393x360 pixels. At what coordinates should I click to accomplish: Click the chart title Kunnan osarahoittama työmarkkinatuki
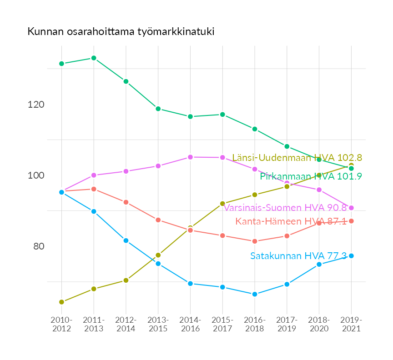coord(121,32)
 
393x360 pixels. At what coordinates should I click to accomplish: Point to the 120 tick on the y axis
coord(36,105)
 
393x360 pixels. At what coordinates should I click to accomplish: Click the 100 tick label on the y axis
coord(36,175)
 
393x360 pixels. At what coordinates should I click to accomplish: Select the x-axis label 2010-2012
coord(61,325)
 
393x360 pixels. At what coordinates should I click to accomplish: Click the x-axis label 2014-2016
coord(190,325)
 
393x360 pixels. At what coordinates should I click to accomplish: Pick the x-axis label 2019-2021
coord(351,325)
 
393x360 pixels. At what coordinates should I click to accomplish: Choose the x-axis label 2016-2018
coord(255,325)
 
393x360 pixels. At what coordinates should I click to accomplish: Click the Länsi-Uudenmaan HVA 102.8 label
coord(297,158)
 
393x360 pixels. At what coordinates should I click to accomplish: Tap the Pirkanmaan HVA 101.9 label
coord(311,176)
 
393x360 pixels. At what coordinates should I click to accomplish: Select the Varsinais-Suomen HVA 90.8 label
coord(285,208)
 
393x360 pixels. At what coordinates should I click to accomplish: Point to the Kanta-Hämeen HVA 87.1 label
coord(291,221)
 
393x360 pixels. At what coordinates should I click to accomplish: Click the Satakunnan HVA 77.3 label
coord(298,256)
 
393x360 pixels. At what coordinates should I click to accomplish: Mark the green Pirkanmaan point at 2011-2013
coord(94,58)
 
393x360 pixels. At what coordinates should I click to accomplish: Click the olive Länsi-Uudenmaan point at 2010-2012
coord(61,302)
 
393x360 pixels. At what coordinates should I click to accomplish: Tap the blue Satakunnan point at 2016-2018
coord(255,294)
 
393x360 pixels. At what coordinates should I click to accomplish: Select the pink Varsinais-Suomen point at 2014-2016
coord(190,157)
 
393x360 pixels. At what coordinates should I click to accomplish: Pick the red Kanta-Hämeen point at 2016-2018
coord(255,241)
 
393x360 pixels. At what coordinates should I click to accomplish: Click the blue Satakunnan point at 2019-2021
coord(351,256)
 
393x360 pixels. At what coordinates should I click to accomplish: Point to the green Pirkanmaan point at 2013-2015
coord(158,109)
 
